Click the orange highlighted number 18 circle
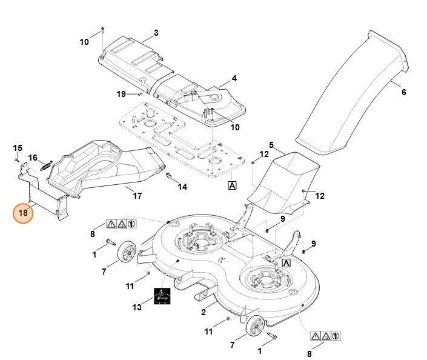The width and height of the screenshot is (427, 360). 24,213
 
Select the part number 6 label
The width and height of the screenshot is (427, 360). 403,92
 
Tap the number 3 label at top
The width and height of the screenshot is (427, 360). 156,32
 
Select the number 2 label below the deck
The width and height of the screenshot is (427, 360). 204,312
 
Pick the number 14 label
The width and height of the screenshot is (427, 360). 182,187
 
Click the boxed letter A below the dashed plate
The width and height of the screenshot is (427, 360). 232,185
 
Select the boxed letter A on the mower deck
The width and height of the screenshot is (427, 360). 286,263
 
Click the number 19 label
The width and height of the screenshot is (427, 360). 121,93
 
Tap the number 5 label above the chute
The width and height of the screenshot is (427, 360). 272,145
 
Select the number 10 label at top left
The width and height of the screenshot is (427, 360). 84,41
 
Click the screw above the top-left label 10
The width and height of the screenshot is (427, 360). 103,30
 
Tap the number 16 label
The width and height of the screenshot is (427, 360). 33,158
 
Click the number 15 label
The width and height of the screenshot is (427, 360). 18,148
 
